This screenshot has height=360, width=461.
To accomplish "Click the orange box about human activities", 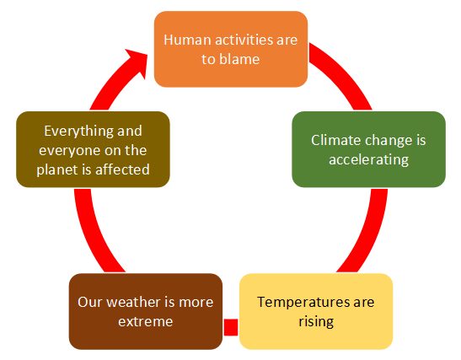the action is [x=231, y=49].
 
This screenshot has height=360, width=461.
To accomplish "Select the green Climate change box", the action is [x=368, y=149].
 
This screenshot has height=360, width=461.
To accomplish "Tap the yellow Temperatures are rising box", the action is [x=316, y=311].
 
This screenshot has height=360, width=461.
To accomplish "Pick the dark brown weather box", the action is [x=146, y=311].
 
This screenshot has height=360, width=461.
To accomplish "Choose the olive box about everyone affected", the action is [x=93, y=149].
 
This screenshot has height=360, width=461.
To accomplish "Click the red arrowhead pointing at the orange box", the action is [x=137, y=62].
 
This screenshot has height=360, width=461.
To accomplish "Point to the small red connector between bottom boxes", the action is [x=231, y=327].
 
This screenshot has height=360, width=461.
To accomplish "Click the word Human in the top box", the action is [x=188, y=40].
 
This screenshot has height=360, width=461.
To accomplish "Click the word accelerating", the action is [x=368, y=160].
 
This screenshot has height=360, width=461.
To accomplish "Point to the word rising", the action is [x=316, y=322].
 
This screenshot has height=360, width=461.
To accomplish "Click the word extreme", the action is [x=146, y=322].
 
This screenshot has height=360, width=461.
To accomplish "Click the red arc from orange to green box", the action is [x=343, y=73].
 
